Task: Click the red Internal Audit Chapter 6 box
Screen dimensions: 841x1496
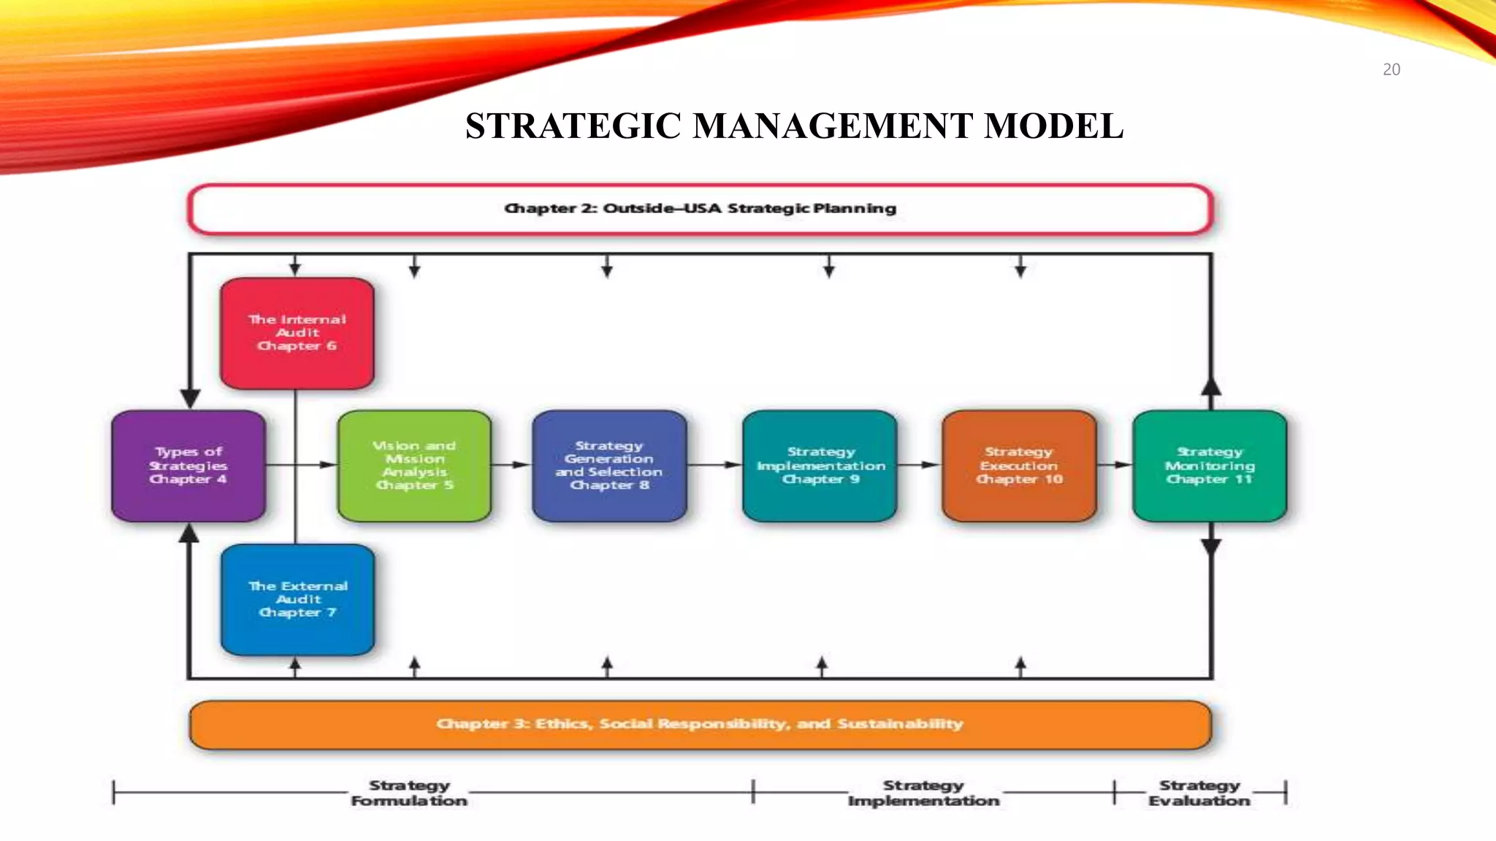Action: point(297,333)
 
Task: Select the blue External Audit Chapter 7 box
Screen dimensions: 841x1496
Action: point(297,599)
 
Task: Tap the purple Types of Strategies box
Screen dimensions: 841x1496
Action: point(188,466)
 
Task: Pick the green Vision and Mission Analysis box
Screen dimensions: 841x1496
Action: point(414,466)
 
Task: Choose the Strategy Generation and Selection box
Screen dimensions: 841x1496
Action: point(609,466)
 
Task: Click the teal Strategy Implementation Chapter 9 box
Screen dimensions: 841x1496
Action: point(820,466)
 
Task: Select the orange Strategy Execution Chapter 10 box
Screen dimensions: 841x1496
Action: point(1019,466)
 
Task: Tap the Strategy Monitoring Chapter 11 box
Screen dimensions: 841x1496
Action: point(1210,466)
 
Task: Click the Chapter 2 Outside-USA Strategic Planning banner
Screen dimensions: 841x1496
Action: point(700,209)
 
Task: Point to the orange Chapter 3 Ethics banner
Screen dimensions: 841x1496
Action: point(700,724)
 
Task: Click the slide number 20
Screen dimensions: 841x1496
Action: point(1391,70)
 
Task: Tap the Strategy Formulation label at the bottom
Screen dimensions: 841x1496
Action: point(409,793)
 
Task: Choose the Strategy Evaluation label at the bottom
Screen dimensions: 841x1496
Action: point(1199,793)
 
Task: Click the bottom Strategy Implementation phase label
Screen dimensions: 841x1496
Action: point(923,793)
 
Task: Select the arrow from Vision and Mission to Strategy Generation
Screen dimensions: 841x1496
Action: point(511,465)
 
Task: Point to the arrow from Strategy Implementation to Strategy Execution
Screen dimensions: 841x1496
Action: point(919,465)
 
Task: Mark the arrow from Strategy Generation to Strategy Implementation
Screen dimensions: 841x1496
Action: point(714,465)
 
